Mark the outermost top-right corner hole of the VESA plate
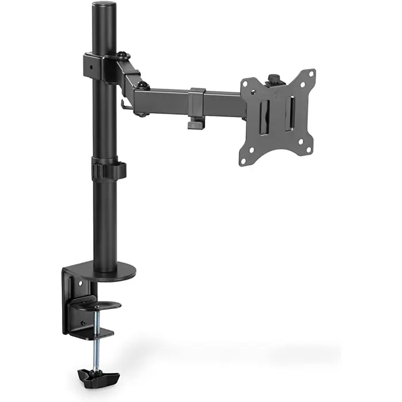pos(312,73)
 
